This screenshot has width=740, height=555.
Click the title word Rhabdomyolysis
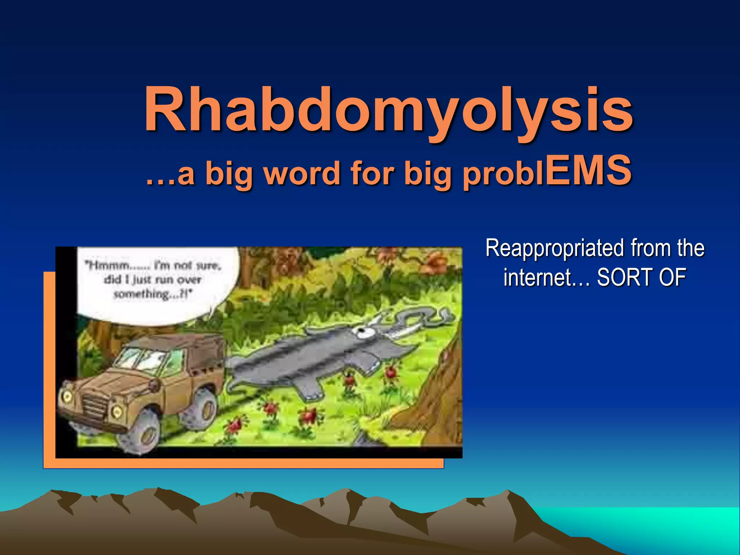(388, 110)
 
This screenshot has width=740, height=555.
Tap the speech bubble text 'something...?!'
(152, 294)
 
